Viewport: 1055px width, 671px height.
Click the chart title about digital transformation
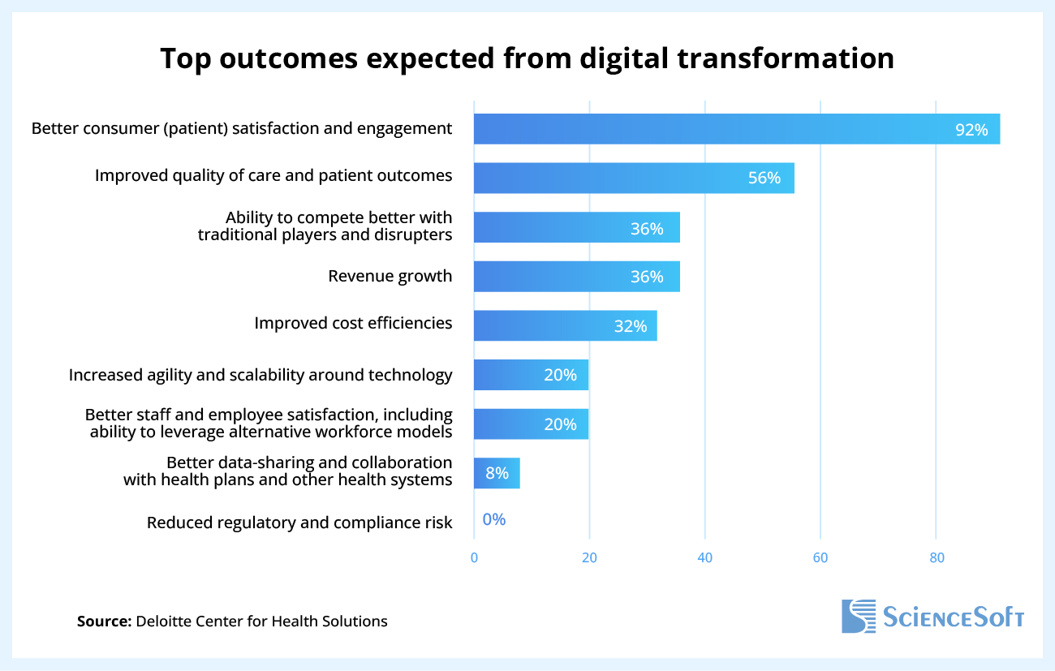[527, 59]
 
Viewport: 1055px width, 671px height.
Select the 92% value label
[971, 130]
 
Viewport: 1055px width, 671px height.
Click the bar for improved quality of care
[633, 178]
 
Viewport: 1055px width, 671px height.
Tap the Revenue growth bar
[576, 277]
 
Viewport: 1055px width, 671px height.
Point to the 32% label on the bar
[630, 326]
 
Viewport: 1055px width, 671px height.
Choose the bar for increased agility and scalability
[531, 375]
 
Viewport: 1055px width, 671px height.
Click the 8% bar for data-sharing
[497, 473]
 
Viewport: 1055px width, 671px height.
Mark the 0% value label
[493, 520]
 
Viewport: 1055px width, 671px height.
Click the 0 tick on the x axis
[474, 557]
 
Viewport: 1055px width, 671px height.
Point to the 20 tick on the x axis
[589, 557]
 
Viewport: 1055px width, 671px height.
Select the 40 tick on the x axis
[704, 557]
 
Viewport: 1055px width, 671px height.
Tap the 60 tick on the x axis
[820, 557]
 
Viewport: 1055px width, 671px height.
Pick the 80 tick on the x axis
[936, 557]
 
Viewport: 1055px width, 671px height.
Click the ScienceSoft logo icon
[859, 617]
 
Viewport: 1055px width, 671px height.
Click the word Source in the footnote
[104, 622]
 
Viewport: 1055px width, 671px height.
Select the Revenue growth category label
[390, 276]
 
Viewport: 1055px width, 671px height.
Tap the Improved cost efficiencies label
[353, 323]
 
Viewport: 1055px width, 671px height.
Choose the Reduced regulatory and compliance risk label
[299, 523]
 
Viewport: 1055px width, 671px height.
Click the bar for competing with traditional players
[576, 227]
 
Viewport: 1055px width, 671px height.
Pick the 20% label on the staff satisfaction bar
[560, 424]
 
